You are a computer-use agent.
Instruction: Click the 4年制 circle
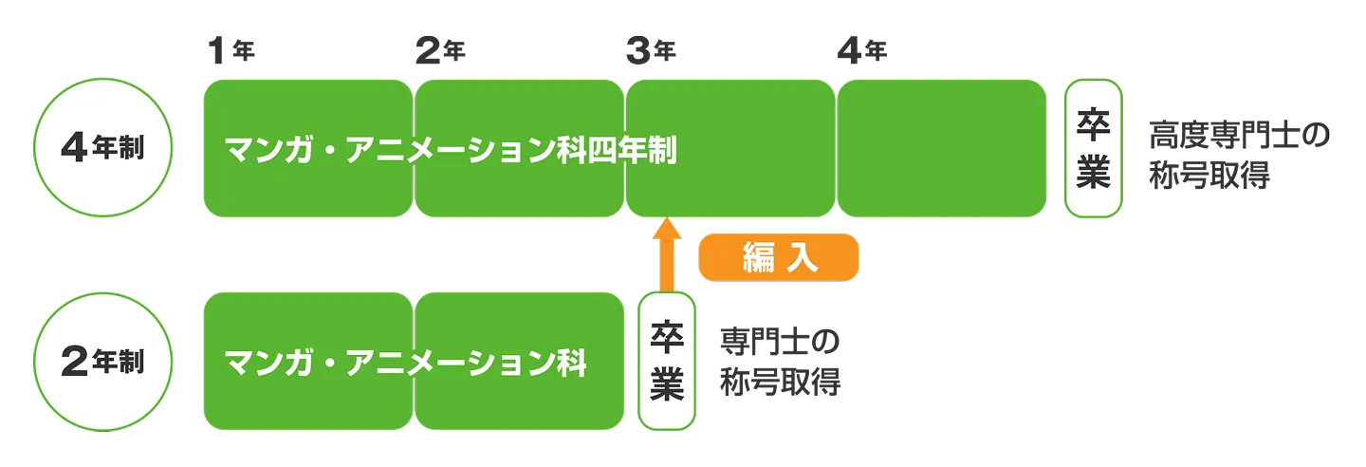click(102, 149)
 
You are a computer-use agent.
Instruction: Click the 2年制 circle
click(102, 362)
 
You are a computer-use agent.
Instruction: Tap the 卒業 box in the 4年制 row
click(1093, 149)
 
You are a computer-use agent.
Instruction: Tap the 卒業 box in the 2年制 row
click(668, 362)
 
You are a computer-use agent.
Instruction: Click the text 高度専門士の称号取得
click(1239, 154)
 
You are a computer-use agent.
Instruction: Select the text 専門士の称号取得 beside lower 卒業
click(781, 363)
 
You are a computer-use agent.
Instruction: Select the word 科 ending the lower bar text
click(570, 363)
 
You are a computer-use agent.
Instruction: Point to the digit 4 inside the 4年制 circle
click(75, 150)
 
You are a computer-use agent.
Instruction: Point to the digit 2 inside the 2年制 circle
click(75, 363)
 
